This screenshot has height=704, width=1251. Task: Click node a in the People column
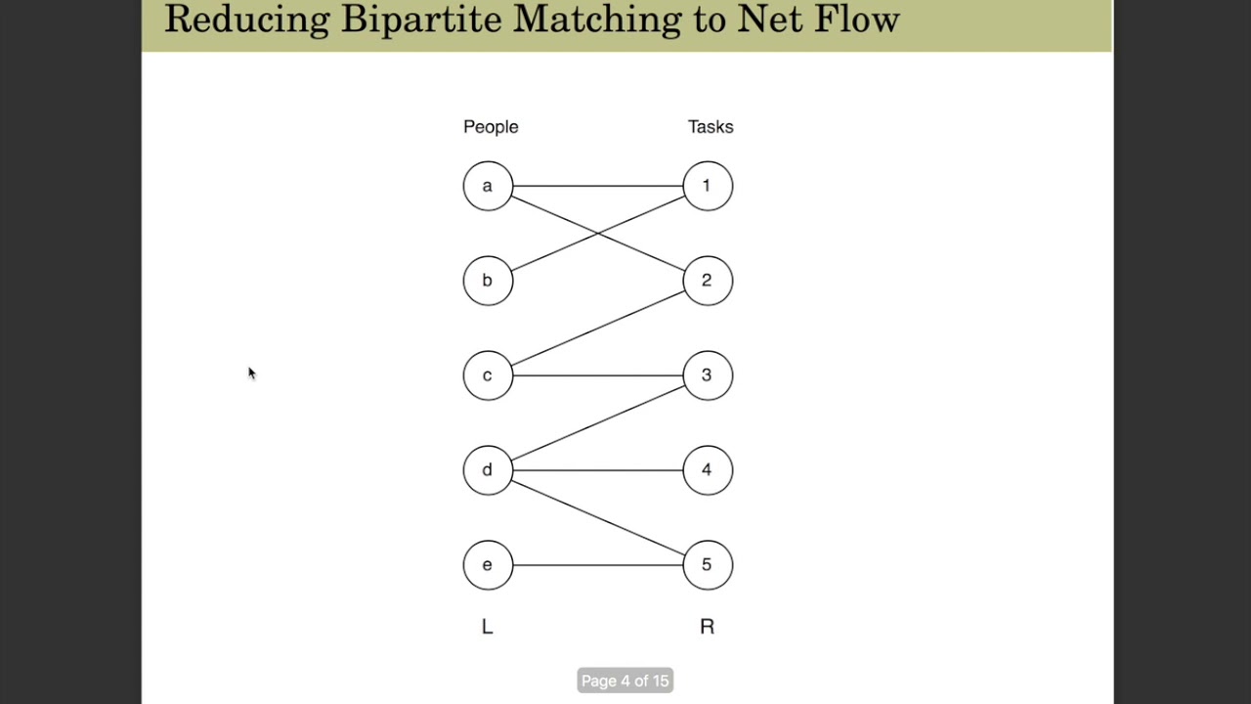tap(488, 186)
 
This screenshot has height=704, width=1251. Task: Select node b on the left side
tap(488, 281)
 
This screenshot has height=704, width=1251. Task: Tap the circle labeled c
tap(488, 375)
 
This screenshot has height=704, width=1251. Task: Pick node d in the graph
tap(488, 470)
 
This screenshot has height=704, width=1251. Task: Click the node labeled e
tap(488, 565)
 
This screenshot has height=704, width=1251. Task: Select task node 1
tap(708, 186)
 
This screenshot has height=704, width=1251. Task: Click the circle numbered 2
tap(708, 281)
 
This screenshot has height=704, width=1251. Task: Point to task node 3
tap(708, 375)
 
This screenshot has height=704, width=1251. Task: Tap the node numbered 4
tap(708, 470)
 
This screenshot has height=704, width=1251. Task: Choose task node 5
tap(708, 565)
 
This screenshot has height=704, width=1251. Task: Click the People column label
tap(491, 127)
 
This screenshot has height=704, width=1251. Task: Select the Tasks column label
tap(711, 127)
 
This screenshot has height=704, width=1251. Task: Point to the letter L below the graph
tap(488, 628)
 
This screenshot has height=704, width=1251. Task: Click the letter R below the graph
tap(707, 628)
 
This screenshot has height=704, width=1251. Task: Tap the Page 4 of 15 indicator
tap(625, 681)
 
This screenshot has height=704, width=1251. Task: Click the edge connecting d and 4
tap(596, 470)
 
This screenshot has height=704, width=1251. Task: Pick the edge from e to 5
tap(596, 565)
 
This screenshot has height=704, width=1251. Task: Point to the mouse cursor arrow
tap(251, 373)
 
